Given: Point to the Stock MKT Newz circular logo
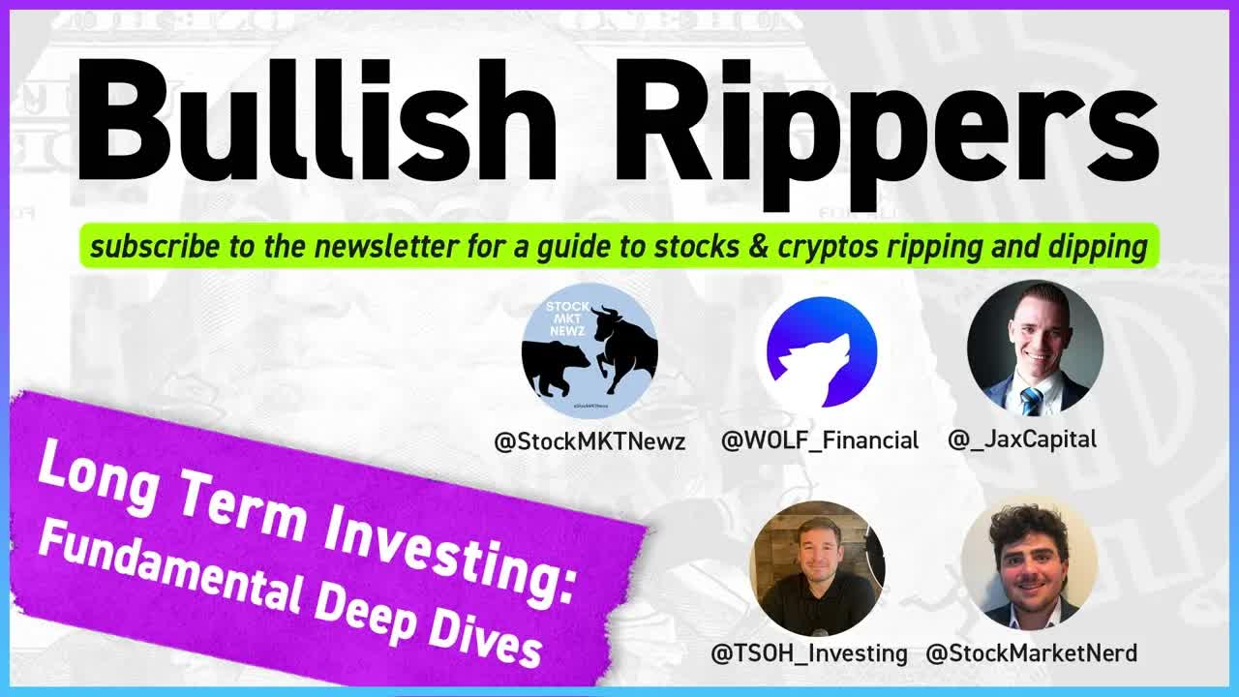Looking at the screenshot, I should (589, 350).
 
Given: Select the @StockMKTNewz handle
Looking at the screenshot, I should (589, 442).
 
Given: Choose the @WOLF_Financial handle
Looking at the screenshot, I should (820, 441).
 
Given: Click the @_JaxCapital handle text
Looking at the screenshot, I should (1022, 439).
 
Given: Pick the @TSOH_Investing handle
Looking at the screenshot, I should (809, 654).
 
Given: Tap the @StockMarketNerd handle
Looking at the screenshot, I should (1031, 654).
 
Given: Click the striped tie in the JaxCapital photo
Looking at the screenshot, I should (1032, 399).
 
